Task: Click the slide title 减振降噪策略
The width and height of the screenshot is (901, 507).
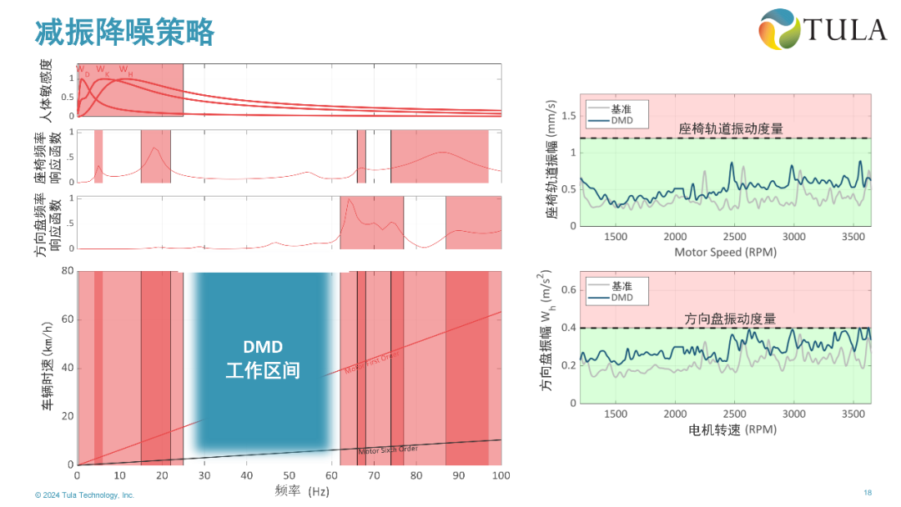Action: tap(125, 32)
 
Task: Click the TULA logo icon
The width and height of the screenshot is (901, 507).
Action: tap(778, 30)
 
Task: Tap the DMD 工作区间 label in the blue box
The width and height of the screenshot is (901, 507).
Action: tap(263, 359)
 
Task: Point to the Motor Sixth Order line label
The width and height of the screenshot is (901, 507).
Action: tap(387, 450)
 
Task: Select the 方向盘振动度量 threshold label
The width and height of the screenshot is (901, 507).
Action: tap(730, 319)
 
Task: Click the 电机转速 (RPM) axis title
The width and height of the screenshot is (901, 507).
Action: tap(732, 429)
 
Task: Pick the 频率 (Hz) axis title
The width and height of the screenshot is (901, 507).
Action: tap(302, 490)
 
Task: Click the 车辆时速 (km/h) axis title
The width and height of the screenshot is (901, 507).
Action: tap(49, 368)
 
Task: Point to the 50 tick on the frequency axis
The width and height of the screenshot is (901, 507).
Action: tap(289, 475)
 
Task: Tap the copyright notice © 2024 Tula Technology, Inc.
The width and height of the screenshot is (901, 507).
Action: tap(84, 495)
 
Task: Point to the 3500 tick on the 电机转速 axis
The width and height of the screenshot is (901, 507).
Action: tap(853, 414)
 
